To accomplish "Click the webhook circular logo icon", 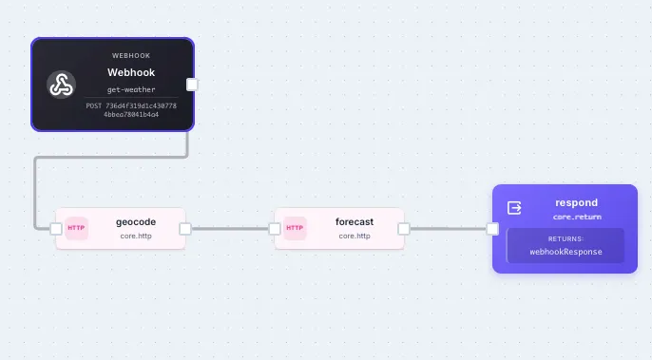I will [61, 85].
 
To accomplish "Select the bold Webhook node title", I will [131, 72].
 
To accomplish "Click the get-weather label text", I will [131, 89].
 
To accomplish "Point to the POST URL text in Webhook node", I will [131, 109].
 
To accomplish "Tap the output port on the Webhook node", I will [192, 84].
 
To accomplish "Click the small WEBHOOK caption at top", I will [131, 55].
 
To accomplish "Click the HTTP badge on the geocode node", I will [76, 228].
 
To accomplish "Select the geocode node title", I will [135, 221].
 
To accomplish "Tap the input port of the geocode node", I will [56, 228].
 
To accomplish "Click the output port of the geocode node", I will [185, 228].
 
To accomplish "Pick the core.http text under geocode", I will [135, 236].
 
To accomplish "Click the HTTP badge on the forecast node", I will [295, 228].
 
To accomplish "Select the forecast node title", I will [355, 221].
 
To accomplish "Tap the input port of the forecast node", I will [275, 228].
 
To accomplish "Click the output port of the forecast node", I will [404, 228].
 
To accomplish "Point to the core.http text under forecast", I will [355, 236].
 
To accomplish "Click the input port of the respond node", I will [492, 228].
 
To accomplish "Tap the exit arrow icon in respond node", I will [515, 208].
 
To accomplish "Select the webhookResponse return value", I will [565, 252].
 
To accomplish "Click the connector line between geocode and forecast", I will [230, 228].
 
